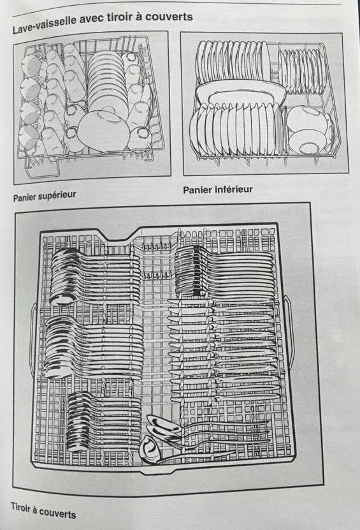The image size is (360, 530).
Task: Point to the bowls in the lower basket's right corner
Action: click(x=310, y=129)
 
